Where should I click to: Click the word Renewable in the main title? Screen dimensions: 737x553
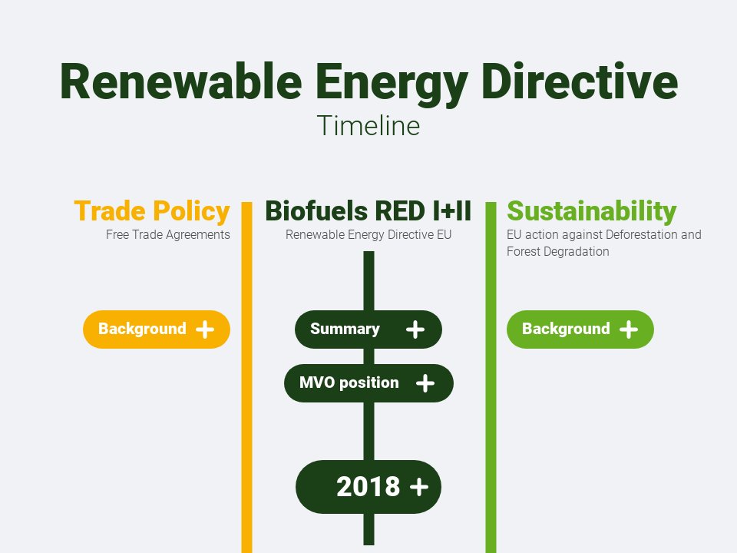(x=181, y=82)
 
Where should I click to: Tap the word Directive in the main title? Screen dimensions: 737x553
(x=580, y=82)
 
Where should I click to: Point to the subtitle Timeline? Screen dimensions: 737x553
(x=368, y=125)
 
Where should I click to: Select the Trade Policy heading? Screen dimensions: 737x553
(x=152, y=210)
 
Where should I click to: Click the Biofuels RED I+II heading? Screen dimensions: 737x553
(x=368, y=210)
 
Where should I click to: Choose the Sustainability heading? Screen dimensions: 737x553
(x=591, y=210)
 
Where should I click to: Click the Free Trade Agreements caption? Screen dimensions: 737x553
(x=168, y=235)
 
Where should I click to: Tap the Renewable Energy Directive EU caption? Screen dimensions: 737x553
(x=368, y=235)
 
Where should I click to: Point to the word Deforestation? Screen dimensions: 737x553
(x=642, y=235)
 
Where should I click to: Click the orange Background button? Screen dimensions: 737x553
(x=157, y=329)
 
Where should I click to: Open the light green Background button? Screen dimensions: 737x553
(x=580, y=329)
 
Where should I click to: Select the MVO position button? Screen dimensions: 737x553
(x=368, y=382)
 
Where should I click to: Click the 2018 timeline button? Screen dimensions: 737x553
(x=368, y=487)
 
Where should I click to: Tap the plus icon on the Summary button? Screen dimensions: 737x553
(x=415, y=329)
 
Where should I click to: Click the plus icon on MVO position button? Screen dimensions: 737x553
(x=425, y=382)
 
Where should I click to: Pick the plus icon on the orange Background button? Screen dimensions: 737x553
(x=205, y=329)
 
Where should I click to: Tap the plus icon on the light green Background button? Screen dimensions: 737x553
(x=629, y=329)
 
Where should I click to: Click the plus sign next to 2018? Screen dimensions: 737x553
(x=419, y=487)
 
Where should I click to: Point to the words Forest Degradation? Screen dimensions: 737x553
(x=558, y=252)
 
